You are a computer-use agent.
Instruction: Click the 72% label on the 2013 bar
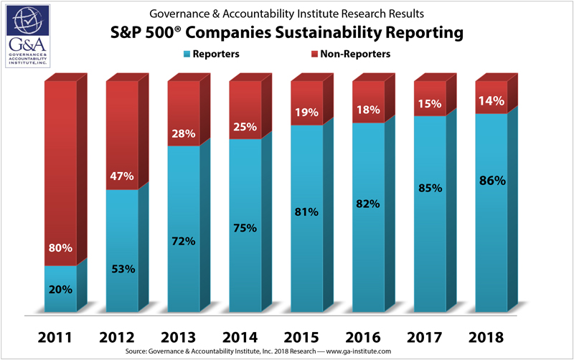coord(184,241)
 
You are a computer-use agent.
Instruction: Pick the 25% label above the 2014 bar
coord(245,127)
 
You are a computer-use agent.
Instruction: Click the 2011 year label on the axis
coord(60,336)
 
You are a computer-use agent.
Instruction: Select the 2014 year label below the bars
coord(245,336)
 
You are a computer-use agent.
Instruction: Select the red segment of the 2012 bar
coord(122,136)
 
